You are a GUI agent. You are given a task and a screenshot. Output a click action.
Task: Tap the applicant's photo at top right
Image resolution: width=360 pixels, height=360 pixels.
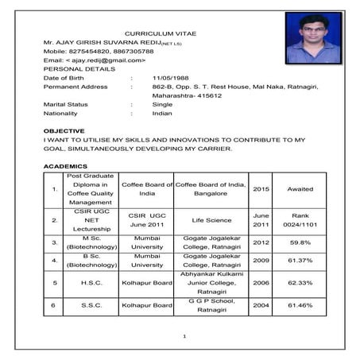312,37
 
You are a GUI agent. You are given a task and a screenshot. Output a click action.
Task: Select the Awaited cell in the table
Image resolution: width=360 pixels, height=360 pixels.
300,189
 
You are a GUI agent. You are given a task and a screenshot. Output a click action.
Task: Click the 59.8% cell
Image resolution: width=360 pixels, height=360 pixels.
300,242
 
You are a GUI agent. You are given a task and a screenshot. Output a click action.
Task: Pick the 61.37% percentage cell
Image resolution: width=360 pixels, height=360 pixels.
300,260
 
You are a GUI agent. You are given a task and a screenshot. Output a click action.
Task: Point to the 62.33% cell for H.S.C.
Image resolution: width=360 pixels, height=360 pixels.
300,282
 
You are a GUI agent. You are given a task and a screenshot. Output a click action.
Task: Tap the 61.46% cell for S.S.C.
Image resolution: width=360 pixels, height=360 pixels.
300,305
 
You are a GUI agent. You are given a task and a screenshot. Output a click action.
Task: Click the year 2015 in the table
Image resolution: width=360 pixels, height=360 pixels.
261,189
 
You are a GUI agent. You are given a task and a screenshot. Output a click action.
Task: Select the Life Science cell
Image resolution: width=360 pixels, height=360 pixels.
211,220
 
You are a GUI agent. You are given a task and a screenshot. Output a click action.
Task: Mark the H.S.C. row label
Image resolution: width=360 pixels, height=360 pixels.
92,282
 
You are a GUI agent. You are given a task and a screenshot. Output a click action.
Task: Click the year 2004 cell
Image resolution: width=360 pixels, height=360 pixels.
261,305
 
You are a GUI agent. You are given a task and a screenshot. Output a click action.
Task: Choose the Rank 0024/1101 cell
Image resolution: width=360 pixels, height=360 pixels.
300,220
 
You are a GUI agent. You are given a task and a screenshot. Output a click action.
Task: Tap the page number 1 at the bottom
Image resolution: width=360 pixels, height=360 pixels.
184,337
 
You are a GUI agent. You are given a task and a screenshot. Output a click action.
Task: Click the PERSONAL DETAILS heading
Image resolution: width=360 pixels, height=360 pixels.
75,69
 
